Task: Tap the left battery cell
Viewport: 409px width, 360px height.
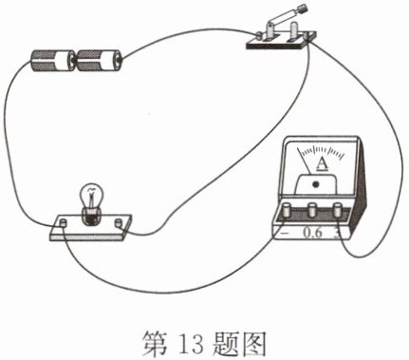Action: (52, 60)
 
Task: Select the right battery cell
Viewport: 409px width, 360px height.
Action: (99, 61)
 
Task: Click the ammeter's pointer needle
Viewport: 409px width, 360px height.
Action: (305, 161)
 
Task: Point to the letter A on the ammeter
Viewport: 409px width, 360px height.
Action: (322, 163)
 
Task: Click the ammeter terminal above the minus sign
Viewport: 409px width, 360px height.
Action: (288, 210)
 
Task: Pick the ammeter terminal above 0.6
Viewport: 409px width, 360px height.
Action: (313, 209)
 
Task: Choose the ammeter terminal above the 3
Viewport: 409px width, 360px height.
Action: (338, 209)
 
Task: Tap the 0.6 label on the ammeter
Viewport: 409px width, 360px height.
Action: (312, 233)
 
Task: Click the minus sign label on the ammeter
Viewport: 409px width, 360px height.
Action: (285, 233)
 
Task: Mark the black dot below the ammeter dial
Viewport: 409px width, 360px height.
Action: (315, 184)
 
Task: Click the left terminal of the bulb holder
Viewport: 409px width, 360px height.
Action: (64, 222)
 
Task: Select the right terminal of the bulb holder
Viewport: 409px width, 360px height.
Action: (119, 222)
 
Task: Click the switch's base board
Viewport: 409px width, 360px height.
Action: (281, 41)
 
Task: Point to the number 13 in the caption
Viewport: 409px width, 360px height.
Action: (191, 344)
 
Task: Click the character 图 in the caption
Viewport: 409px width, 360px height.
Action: (251, 344)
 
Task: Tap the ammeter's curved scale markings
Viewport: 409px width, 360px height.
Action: (322, 151)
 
